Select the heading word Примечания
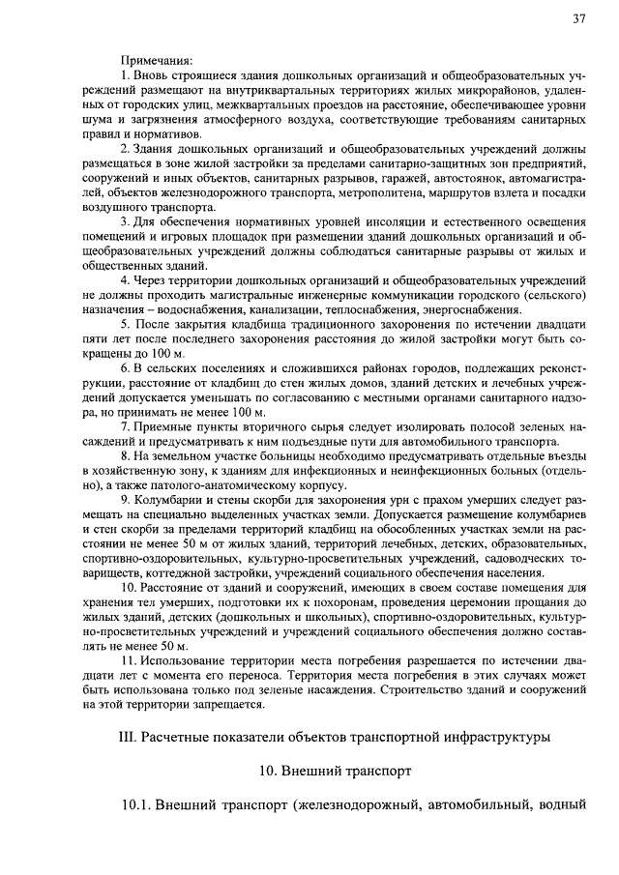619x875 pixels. click(x=157, y=60)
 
